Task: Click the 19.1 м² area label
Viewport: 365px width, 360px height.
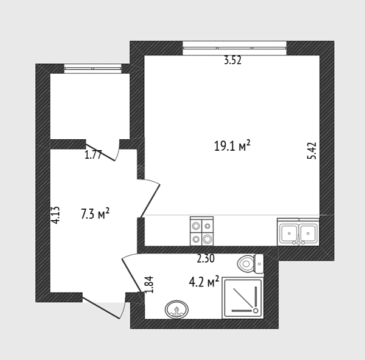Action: point(232,146)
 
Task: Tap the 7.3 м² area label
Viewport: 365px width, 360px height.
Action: point(95,213)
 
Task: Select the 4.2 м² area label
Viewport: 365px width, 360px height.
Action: point(204,282)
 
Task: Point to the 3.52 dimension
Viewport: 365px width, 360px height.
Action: point(232,60)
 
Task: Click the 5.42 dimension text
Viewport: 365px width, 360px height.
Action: point(312,151)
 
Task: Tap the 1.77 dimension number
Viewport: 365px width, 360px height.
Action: point(93,155)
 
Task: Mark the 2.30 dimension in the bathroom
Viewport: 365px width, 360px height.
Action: point(206,259)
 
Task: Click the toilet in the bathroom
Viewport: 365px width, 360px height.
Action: point(251,264)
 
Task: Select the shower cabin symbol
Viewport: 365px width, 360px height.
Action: point(243,298)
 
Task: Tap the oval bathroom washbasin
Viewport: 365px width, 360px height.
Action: point(176,310)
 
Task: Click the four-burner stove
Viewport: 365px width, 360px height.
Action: point(201,231)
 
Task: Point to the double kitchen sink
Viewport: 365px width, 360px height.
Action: point(298,232)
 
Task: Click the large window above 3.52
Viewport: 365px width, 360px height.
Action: point(234,48)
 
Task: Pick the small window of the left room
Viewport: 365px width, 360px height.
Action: point(93,69)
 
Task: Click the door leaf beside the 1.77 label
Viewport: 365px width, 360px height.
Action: point(100,153)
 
